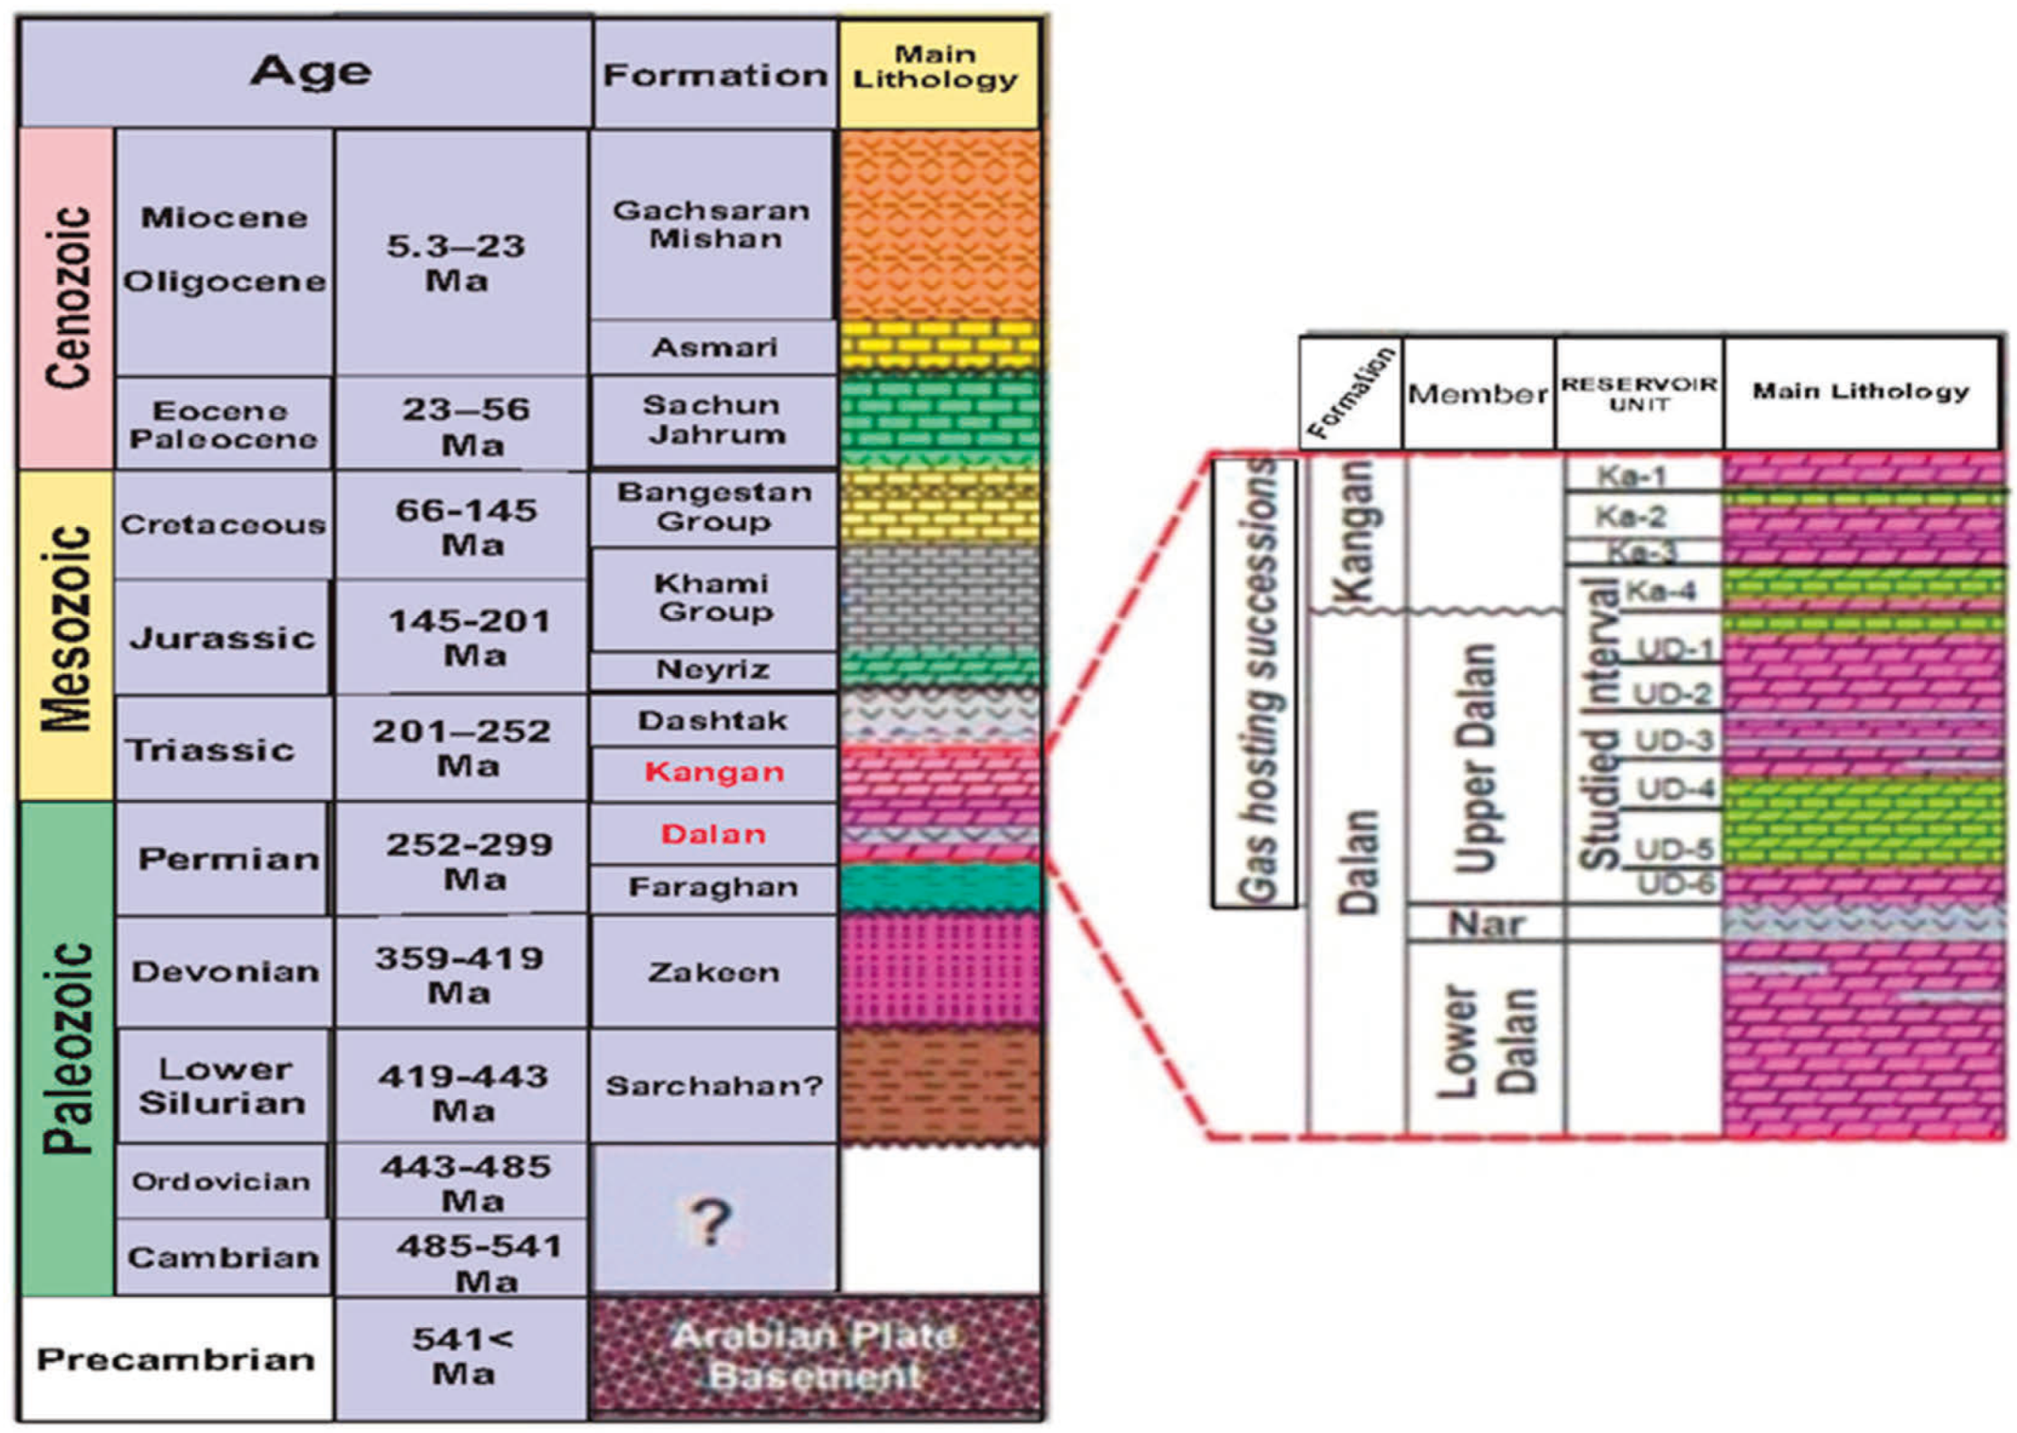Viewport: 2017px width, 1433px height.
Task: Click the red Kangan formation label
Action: [714, 772]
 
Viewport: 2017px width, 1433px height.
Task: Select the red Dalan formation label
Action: [713, 834]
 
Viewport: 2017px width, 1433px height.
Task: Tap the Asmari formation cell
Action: [714, 347]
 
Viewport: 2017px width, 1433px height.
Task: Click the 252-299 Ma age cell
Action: [469, 860]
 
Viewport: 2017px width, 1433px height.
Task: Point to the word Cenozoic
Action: [68, 297]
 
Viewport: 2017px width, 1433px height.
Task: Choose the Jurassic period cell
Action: [223, 637]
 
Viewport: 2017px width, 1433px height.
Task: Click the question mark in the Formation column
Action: [711, 1220]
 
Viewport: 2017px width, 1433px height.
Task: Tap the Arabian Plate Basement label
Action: [814, 1356]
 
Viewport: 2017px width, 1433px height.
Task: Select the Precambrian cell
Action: [176, 1359]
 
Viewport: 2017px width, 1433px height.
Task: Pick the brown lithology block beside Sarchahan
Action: [939, 1085]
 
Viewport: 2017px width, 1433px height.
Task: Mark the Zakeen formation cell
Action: [713, 972]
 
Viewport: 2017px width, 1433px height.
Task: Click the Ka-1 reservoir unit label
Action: [1630, 475]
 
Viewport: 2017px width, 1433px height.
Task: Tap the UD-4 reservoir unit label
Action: [1675, 787]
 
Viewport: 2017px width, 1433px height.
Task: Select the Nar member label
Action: [1486, 923]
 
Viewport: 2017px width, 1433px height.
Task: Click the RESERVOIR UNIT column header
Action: [1638, 394]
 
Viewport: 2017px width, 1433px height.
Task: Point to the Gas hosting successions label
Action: [1256, 681]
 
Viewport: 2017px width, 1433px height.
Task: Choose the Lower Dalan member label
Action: [1486, 1040]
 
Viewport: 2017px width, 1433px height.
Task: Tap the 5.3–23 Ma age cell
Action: [456, 263]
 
